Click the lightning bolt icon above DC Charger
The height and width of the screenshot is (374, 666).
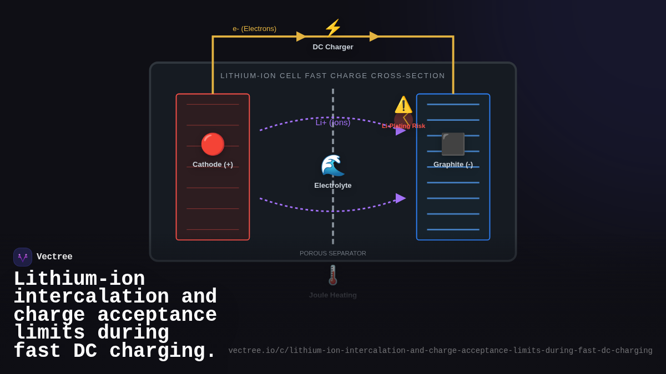[x=333, y=28]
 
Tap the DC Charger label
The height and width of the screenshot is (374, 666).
[x=333, y=47]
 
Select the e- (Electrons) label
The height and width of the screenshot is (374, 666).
[x=254, y=29]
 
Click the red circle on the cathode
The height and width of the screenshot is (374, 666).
[x=213, y=144]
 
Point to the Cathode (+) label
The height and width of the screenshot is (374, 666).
[x=213, y=165]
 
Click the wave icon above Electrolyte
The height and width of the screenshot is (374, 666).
[x=333, y=165]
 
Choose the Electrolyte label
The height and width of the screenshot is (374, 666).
[x=333, y=186]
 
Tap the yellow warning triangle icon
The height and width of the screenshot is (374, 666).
[x=403, y=105]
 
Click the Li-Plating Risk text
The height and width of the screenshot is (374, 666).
[x=403, y=126]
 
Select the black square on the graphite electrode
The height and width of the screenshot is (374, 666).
[x=453, y=144]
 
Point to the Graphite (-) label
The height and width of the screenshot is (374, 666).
[x=453, y=165]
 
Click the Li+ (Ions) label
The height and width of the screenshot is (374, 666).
[x=333, y=122]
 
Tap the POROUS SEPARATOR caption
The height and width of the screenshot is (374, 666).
[x=333, y=253]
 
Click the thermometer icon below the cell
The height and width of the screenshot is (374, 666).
[x=333, y=275]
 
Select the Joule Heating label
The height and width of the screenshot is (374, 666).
[x=333, y=295]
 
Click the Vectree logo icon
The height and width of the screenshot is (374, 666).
[x=23, y=257]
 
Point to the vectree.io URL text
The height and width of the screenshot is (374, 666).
[x=440, y=351]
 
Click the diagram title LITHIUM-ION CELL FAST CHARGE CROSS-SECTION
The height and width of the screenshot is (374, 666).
[x=333, y=76]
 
